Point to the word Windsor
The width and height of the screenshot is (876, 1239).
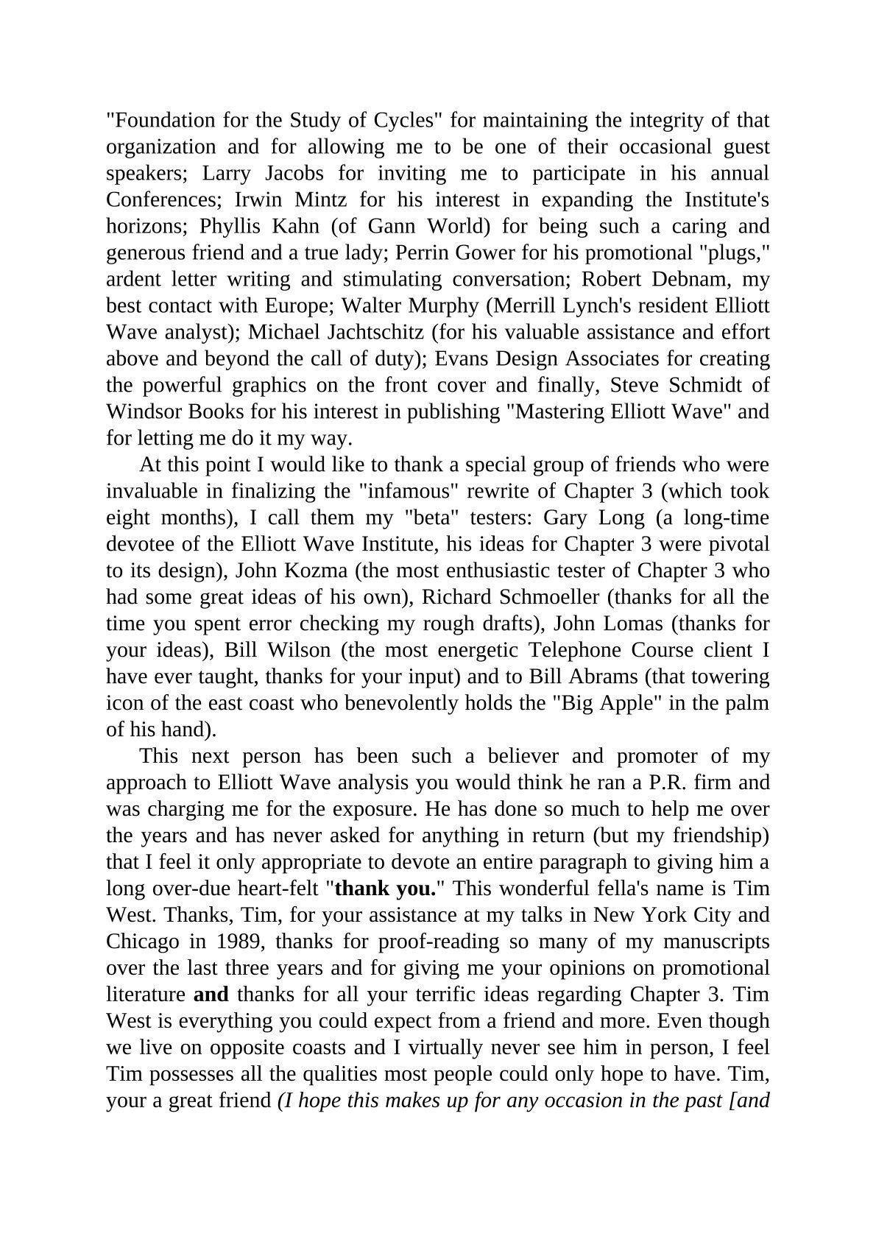[140, 412]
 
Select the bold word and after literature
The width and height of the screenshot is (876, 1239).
[211, 995]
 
